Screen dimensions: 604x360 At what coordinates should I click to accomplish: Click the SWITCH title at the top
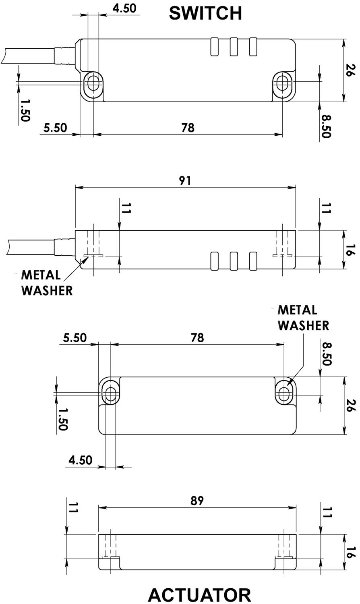coord(205,13)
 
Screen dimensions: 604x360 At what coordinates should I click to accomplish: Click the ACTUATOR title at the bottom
coord(199,594)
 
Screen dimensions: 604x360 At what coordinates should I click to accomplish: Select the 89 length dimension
coord(197,501)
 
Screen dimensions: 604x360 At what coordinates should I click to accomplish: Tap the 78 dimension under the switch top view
coord(188,128)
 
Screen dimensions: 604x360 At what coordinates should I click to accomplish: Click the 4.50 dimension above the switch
coord(124,8)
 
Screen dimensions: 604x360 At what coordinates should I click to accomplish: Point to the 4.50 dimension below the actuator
coord(81,460)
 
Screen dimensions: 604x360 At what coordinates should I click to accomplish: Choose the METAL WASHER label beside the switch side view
coord(46,283)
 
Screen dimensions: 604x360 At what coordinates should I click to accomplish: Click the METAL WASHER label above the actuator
coord(303,317)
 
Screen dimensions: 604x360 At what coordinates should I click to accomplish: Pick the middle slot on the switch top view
coord(234,47)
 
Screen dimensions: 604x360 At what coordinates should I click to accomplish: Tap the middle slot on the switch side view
coord(234,261)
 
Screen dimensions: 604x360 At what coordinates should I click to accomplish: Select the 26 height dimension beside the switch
coord(350,70)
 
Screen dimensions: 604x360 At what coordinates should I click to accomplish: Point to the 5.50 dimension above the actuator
coord(75,337)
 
